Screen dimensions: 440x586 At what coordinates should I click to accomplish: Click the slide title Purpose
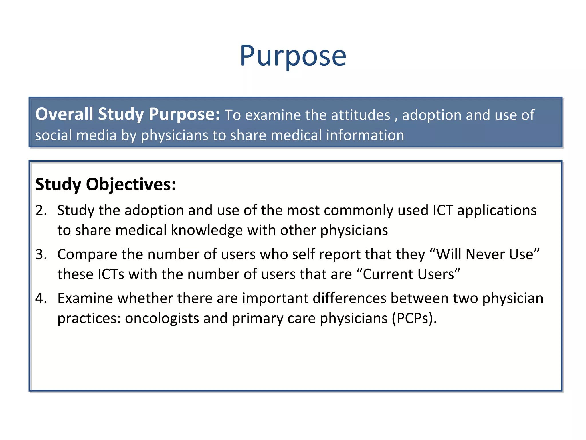[293, 56]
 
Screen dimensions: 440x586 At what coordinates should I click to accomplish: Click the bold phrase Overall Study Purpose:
[127, 114]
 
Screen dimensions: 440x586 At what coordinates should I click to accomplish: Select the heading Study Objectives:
[105, 184]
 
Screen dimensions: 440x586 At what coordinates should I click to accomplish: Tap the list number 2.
[41, 210]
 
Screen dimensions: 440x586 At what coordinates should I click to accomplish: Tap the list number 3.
[41, 254]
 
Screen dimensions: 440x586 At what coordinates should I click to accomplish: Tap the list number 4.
[41, 298]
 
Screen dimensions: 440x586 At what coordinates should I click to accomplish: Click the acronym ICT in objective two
[443, 210]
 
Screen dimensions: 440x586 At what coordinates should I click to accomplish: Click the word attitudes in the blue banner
[361, 115]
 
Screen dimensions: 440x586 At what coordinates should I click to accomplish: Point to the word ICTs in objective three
[111, 274]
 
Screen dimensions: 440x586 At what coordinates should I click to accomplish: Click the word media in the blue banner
[96, 135]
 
